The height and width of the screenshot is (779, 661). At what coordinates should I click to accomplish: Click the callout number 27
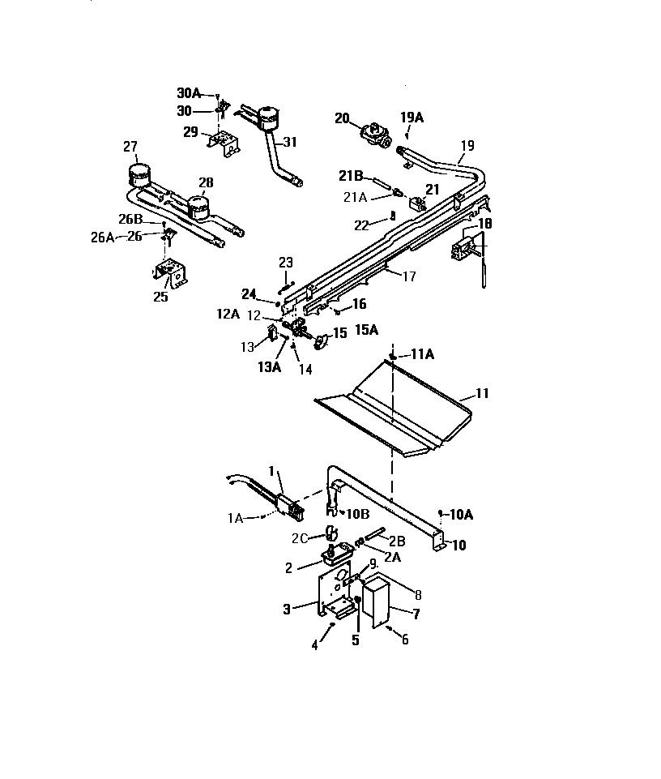point(131,146)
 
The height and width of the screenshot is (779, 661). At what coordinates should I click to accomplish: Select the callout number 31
point(289,142)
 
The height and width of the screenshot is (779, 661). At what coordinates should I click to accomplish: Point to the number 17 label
point(409,276)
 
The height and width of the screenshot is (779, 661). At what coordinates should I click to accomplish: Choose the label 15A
point(367,330)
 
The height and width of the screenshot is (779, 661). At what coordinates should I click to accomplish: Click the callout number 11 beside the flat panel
point(482,394)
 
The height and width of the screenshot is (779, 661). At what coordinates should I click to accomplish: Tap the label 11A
point(423,354)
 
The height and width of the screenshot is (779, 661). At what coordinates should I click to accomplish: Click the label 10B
point(357,514)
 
